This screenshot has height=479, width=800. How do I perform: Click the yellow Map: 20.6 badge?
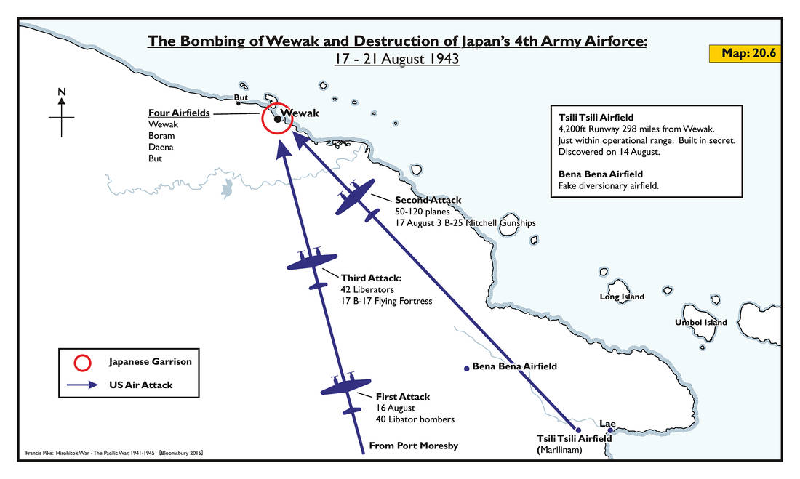745,54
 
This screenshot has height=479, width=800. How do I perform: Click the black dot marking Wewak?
277,119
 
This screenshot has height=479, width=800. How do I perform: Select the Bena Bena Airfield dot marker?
466,369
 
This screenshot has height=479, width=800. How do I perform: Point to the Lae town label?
607,422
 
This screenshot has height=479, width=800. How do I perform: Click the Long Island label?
621,297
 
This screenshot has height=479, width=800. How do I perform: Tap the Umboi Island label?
700,322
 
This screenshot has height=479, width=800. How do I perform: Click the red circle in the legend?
85,361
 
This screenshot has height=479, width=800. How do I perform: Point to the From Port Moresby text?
414,446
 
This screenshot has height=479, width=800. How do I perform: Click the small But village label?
241,97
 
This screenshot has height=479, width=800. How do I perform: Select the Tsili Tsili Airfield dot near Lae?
579,430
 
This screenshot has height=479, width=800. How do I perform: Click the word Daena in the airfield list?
160,147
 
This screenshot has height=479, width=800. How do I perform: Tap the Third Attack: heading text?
371,277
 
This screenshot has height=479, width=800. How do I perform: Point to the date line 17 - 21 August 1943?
396,59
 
